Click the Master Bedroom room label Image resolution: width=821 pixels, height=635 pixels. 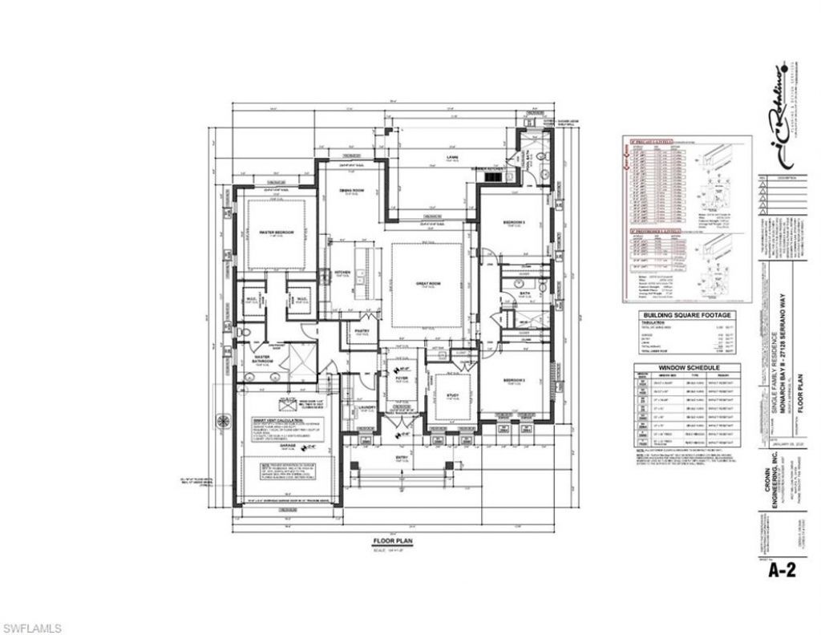pyautogui.click(x=276, y=232)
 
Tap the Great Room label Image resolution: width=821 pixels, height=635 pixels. pyautogui.click(x=427, y=282)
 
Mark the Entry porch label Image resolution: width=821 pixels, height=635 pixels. pyautogui.click(x=402, y=458)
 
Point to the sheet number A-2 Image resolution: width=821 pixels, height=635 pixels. pyautogui.click(x=787, y=570)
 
